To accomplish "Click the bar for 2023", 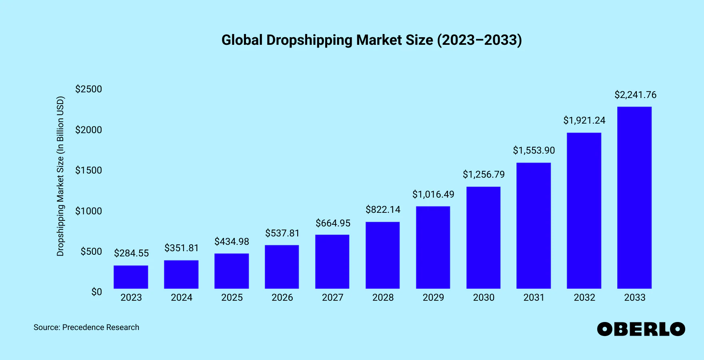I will pyautogui.click(x=131, y=277).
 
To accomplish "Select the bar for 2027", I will pyautogui.click(x=332, y=262).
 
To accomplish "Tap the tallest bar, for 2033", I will pyautogui.click(x=634, y=198).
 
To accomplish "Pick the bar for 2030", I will pyautogui.click(x=483, y=238).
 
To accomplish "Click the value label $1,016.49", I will pyautogui.click(x=433, y=194).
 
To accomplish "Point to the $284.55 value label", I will pyautogui.click(x=131, y=253).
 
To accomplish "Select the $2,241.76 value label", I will pyautogui.click(x=635, y=95).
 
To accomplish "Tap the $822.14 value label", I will pyautogui.click(x=383, y=210).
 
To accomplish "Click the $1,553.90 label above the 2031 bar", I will pyautogui.click(x=534, y=150).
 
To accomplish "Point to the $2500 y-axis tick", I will pyautogui.click(x=88, y=89).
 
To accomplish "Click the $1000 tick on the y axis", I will pyautogui.click(x=88, y=211).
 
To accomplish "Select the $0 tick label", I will pyautogui.click(x=96, y=292).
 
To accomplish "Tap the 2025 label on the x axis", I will pyautogui.click(x=232, y=298).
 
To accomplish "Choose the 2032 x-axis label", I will pyautogui.click(x=584, y=298).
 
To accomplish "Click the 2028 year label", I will pyautogui.click(x=383, y=298).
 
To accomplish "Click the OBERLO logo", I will pyautogui.click(x=641, y=329).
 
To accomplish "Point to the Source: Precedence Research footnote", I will pyautogui.click(x=86, y=327).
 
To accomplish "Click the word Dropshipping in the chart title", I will pyautogui.click(x=309, y=40).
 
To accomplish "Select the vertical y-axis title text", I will pyautogui.click(x=60, y=176).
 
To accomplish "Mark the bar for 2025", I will pyautogui.click(x=232, y=271).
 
